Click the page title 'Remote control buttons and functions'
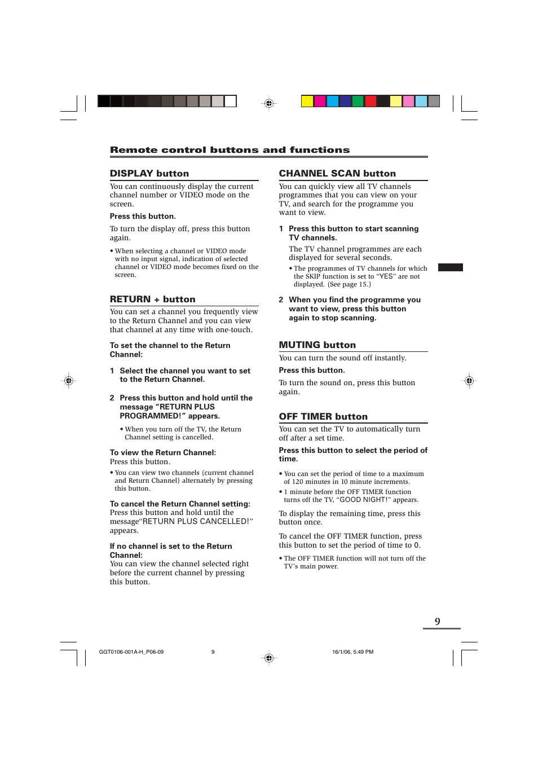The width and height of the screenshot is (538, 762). click(x=230, y=150)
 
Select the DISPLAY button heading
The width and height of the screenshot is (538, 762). click(x=149, y=174)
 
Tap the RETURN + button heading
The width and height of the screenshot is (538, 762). click(x=152, y=299)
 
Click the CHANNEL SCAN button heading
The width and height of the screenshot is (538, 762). click(x=337, y=174)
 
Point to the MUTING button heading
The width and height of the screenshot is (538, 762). click(x=317, y=345)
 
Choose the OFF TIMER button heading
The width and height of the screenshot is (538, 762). click(x=323, y=417)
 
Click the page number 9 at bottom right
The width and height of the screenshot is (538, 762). click(x=438, y=622)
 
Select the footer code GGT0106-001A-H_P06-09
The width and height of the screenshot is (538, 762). click(x=131, y=652)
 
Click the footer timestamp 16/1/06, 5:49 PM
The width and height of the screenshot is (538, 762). click(x=352, y=652)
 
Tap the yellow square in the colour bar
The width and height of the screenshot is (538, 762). click(x=307, y=102)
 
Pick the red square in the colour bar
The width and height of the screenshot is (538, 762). click(x=371, y=102)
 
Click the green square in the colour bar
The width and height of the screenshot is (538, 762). click(x=358, y=102)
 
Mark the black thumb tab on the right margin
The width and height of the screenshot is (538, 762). click(x=450, y=267)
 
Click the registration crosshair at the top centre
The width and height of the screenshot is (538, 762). click(x=269, y=103)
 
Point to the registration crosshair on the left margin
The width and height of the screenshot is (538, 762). click(x=69, y=381)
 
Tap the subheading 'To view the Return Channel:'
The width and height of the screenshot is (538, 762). click(x=162, y=453)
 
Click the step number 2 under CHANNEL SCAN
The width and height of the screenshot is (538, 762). click(x=281, y=300)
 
